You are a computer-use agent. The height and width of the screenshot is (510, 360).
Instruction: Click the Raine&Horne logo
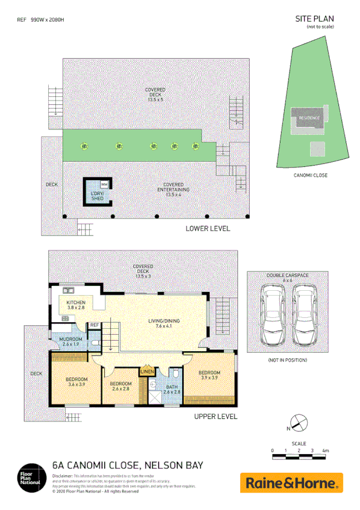(x=291, y=482)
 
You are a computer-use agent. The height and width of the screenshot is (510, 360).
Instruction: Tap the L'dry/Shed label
(x=97, y=196)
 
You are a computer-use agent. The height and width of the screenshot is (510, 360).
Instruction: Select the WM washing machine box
(x=104, y=184)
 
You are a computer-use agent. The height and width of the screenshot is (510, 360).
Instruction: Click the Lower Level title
(x=208, y=229)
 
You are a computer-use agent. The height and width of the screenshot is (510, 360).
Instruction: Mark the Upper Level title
(x=216, y=416)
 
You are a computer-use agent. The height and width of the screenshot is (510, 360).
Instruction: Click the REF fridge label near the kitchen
(x=95, y=325)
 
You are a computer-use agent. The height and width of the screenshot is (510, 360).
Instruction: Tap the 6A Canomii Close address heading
(x=128, y=465)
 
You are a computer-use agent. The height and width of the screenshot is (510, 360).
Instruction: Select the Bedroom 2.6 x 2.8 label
(x=121, y=386)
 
